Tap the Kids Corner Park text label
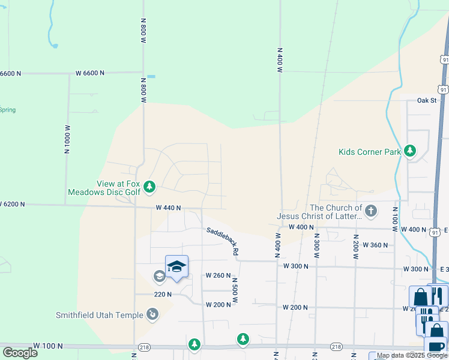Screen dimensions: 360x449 (x=369, y=152)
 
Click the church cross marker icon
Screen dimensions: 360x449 (x=371, y=211)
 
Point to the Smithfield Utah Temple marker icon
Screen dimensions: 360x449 (x=153, y=314)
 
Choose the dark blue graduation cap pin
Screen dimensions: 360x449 (x=176, y=266)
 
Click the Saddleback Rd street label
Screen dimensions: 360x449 (x=223, y=242)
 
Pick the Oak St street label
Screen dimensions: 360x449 (x=427, y=100)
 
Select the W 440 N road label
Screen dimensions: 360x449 (x=168, y=208)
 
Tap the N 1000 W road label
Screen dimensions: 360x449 (x=67, y=139)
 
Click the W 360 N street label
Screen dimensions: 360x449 (x=376, y=245)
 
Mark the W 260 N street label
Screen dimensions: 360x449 (x=218, y=275)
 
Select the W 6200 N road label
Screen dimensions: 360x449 (x=13, y=204)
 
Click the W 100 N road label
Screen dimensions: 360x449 (x=47, y=346)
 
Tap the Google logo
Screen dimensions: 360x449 (x=20, y=352)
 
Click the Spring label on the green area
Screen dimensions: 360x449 (x=8, y=110)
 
